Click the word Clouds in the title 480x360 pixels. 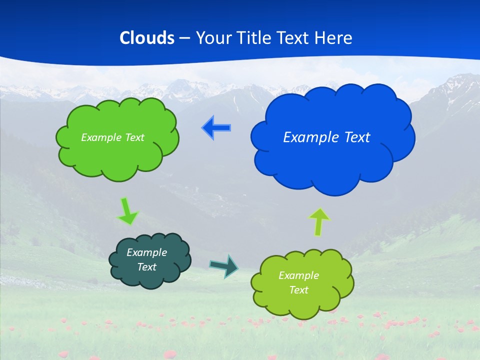click(147, 38)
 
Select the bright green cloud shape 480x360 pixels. click(117, 160)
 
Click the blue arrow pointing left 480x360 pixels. click(216, 128)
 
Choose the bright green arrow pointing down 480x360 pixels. click(127, 211)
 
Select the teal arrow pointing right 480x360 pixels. click(224, 265)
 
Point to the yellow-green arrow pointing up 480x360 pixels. click(319, 222)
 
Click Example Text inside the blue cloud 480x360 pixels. click(326, 137)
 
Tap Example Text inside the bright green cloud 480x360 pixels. click(112, 137)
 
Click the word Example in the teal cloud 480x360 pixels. click(146, 252)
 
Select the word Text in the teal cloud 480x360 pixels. click(146, 267)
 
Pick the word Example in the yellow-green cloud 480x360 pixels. click(298, 275)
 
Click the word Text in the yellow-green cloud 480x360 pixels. click(298, 290)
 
